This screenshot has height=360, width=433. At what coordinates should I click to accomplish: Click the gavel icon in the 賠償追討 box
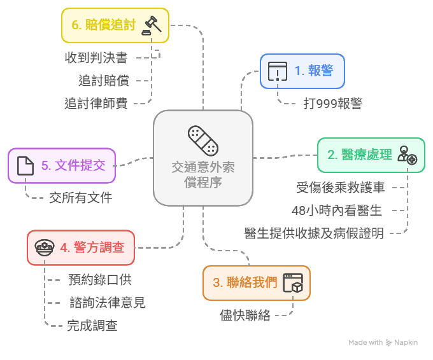coord(153,25)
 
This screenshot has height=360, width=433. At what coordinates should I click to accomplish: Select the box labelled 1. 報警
coord(302,71)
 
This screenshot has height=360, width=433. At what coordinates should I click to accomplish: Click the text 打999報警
coord(333,103)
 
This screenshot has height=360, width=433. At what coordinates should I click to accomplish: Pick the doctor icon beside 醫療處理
coord(407,155)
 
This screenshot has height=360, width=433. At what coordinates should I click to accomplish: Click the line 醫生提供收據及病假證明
coord(314,233)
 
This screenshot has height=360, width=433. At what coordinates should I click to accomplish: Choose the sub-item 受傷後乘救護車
coord(341,188)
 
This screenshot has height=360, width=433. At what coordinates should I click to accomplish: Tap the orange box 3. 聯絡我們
coord(257,282)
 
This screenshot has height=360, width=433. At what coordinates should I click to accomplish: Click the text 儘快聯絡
coord(245,315)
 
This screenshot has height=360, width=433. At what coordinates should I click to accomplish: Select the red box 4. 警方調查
coord(81,247)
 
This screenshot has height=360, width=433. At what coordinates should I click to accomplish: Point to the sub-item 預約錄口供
coord(100,279)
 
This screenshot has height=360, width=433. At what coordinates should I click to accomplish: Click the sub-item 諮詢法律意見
coord(107,303)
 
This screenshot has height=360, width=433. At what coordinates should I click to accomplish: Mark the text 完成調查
coord(92,326)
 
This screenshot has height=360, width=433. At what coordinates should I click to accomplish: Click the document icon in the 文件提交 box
coord(25,165)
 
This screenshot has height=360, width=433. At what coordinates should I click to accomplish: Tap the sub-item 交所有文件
coord(81,198)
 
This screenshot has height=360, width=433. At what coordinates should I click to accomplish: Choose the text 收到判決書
coord(96,58)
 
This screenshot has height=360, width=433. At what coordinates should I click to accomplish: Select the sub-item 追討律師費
coord(96,103)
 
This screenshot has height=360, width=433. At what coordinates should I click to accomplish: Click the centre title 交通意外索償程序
coord(203,174)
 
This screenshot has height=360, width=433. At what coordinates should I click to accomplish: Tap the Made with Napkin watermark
coord(383,343)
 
